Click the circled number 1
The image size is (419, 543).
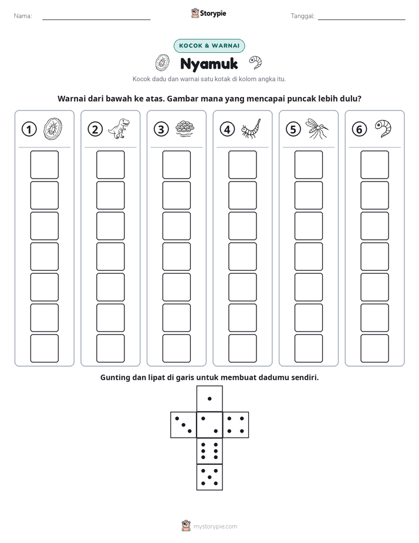coord(29,129)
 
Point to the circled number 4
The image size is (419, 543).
coord(227,129)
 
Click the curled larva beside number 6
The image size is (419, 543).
coord(383,129)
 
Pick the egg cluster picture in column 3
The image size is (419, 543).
coord(185,129)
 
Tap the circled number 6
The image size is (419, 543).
coord(359,129)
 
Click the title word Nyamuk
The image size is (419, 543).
coord(209,64)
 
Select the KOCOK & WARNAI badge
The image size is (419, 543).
coord(209,46)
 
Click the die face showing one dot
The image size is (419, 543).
coord(209,399)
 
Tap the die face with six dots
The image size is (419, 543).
coord(209,451)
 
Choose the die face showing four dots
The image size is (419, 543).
coord(235,425)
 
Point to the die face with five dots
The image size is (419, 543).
coord(209,477)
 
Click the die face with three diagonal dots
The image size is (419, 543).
coord(184,425)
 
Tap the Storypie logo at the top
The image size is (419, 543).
coord(208,13)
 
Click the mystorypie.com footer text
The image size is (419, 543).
coord(215,527)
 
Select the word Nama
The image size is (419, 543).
coord(23,16)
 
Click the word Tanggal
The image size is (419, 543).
coord(302,16)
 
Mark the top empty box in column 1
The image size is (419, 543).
coord(44,165)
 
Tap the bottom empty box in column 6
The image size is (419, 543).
coord(374,348)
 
